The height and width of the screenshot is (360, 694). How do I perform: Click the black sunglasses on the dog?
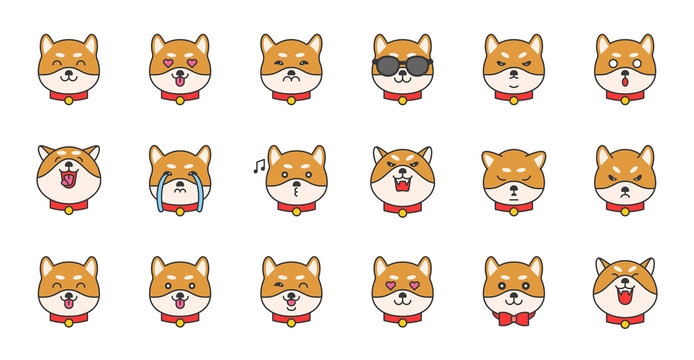(x=402, y=66)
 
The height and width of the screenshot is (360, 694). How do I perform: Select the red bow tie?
(x=513, y=318)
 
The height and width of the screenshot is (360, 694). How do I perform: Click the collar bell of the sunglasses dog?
(x=402, y=99)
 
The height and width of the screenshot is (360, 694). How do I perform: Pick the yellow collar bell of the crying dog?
(x=180, y=211)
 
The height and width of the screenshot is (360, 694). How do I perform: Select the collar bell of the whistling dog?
(x=296, y=210)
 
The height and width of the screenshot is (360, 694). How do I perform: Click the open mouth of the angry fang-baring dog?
(x=402, y=185)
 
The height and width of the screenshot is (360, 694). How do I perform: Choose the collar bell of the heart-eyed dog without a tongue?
(x=402, y=322)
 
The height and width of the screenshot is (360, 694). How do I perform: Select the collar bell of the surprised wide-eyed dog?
(x=625, y=99)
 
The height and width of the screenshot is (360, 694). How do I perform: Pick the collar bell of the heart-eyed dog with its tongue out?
(x=180, y=99)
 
